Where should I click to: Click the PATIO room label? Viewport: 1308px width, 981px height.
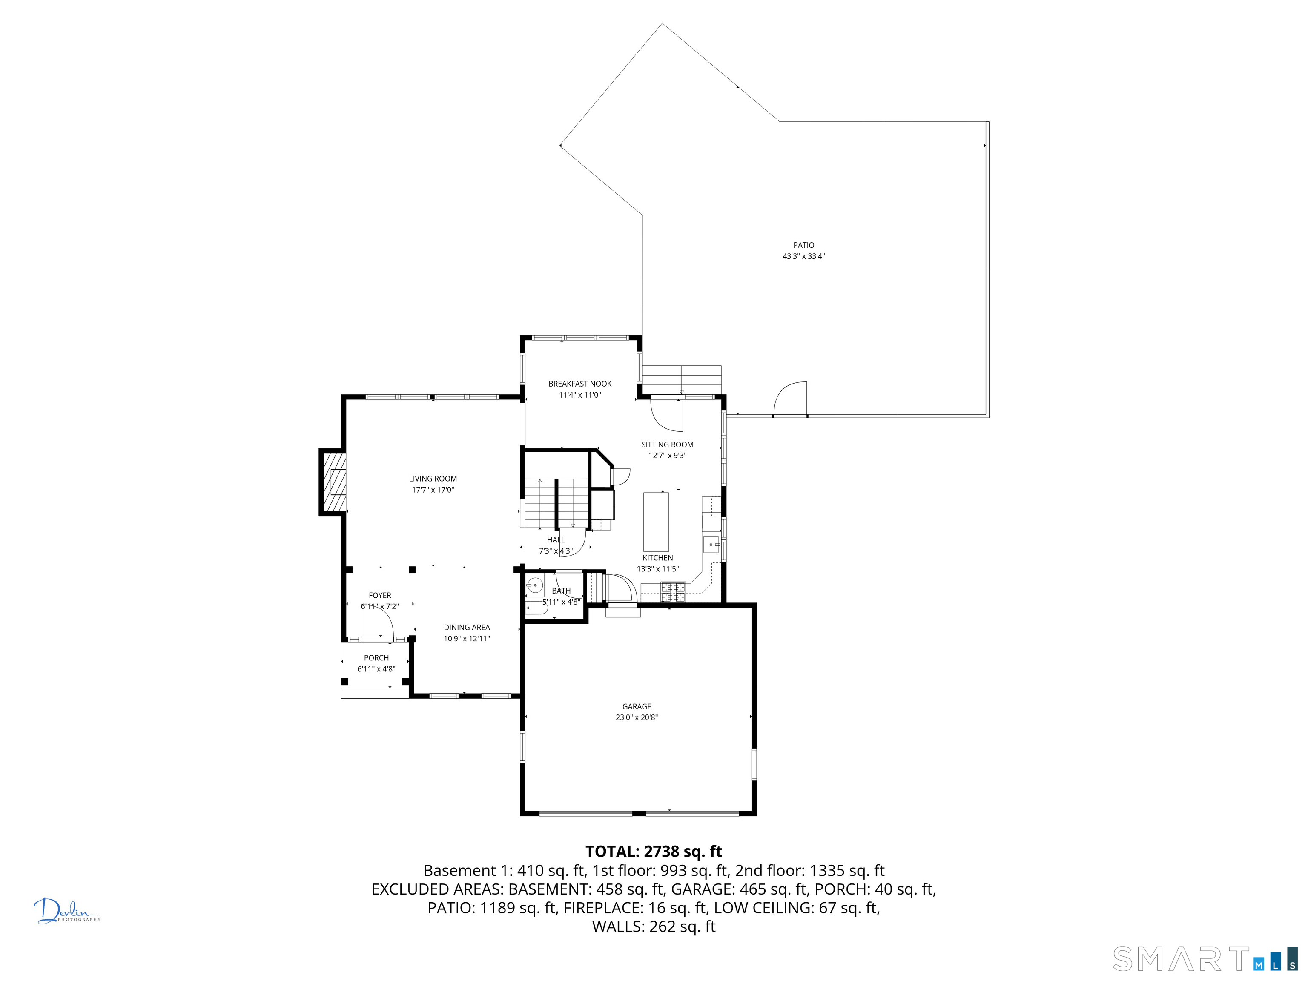pos(803,245)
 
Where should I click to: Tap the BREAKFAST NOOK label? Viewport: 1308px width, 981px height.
pos(579,384)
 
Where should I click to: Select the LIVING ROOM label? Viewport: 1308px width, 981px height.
pos(433,479)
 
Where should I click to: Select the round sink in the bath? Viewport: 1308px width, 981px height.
pos(534,585)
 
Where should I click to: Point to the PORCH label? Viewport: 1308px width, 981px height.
pos(376,657)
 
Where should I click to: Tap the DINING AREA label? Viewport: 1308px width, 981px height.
pos(467,628)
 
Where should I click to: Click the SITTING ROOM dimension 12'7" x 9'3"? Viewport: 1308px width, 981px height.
pos(667,455)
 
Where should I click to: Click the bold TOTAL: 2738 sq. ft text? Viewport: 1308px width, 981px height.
pos(654,852)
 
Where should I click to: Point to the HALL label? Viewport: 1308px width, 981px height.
pos(555,540)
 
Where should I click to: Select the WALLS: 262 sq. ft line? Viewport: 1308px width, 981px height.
pos(654,926)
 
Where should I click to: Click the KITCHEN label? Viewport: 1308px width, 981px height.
pos(657,558)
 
